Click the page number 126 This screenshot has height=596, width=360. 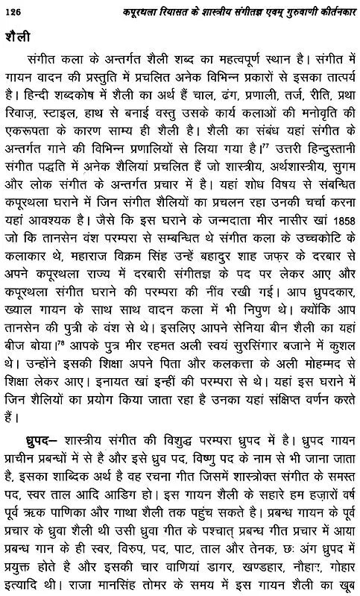coord(15,10)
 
